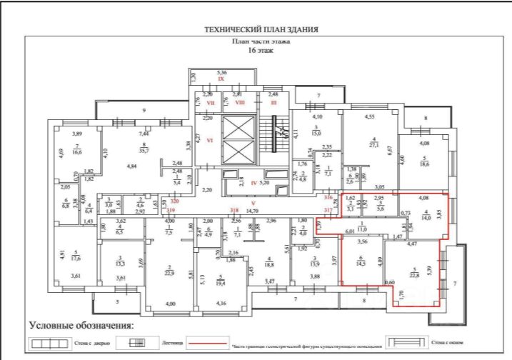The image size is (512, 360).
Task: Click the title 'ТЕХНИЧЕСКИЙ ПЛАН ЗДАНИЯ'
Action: pyautogui.click(x=261, y=30)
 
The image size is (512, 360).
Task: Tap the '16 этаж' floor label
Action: pyautogui.click(x=261, y=51)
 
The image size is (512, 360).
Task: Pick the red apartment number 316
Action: pyautogui.click(x=328, y=196)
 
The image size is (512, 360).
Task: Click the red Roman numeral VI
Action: pyautogui.click(x=210, y=141)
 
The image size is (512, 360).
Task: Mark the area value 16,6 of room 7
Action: pyautogui.click(x=77, y=151)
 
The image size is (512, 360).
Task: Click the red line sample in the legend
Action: pyautogui.click(x=209, y=344)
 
